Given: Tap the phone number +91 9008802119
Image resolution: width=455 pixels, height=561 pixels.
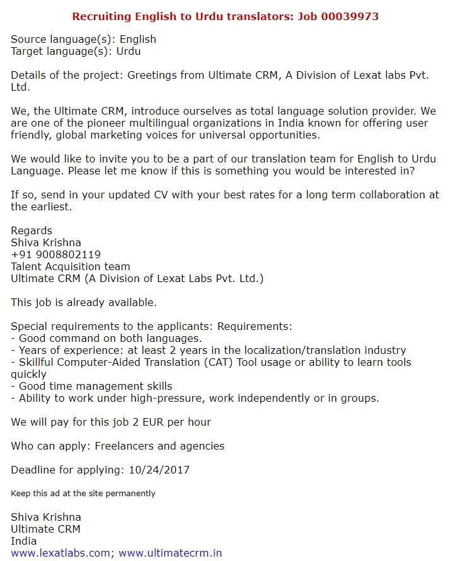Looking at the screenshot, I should [x=55, y=254].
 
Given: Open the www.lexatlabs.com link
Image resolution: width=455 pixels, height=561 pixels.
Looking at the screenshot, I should [x=60, y=553].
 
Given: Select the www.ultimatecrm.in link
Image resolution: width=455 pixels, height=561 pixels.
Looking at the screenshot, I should [x=170, y=553].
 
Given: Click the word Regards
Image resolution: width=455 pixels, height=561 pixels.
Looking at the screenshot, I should [x=32, y=230].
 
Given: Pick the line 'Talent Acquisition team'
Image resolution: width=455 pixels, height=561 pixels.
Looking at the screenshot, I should [x=71, y=266].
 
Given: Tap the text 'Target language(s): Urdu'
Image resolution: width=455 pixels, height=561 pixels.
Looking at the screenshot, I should [x=76, y=51].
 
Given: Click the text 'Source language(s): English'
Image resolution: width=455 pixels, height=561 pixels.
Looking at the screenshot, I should [x=83, y=39].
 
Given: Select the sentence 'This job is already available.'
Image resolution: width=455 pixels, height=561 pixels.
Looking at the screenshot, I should [x=84, y=302].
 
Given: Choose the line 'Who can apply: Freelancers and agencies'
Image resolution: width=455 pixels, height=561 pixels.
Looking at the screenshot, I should [x=117, y=446].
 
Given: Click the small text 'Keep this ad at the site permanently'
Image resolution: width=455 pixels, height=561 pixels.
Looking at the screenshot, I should [x=83, y=493].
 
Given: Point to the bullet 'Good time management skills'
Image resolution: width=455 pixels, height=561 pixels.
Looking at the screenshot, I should [x=95, y=386].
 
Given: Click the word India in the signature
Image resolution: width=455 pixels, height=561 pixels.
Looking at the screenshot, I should [x=24, y=541].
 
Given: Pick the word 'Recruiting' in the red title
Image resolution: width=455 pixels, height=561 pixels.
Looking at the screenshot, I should [x=100, y=16].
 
